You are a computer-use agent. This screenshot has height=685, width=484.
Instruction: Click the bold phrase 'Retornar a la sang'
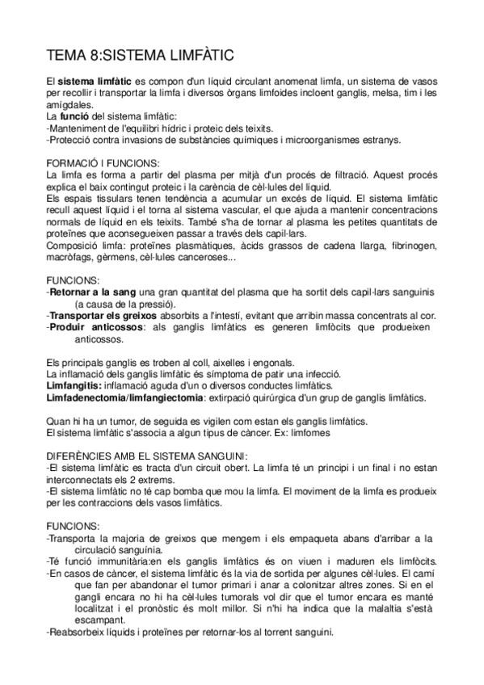[x=92, y=291]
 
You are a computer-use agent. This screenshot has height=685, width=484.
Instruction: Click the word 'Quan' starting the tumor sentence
[x=60, y=421]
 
